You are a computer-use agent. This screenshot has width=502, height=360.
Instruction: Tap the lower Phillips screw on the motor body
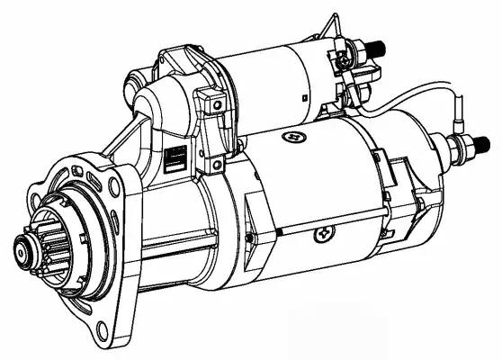pyautogui.click(x=322, y=236)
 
